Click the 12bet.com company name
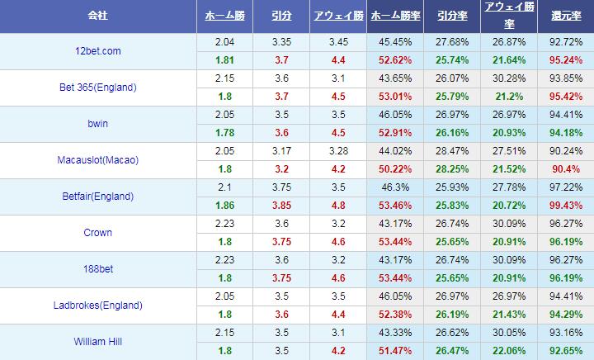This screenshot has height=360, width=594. tap(98, 51)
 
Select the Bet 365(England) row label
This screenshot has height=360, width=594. tap(98, 88)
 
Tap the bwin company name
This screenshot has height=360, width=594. tap(98, 124)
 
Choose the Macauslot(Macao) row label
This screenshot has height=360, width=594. tap(98, 160)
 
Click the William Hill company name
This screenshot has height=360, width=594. tap(98, 342)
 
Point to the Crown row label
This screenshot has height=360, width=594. tap(98, 233)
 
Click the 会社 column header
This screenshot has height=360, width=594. tap(98, 17)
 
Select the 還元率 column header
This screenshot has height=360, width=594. tap(565, 17)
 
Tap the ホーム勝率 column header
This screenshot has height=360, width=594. tap(394, 17)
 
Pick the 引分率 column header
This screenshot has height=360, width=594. tap(451, 17)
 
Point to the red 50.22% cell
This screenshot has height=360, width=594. tap(394, 169)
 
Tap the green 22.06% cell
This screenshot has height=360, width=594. tap(509, 351)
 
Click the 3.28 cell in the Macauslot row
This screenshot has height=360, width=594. tap(339, 151)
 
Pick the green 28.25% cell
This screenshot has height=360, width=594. tap(451, 169)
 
